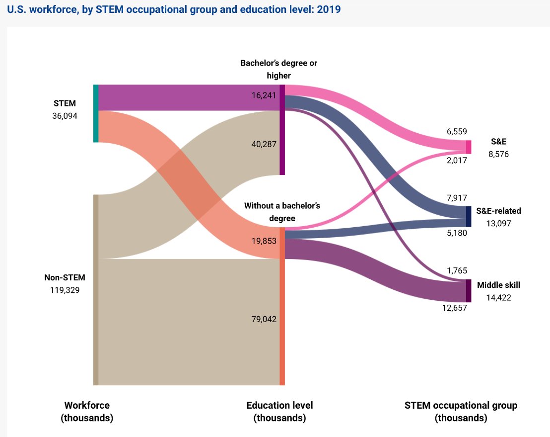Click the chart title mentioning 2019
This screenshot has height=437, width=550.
point(174,9)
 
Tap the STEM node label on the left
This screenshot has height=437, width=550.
point(65,103)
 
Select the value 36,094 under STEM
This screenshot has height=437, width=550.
point(65,117)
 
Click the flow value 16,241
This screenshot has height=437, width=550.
point(264,95)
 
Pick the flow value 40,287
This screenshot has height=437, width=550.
point(264,144)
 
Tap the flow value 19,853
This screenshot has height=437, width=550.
point(264,241)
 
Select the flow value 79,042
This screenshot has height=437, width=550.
point(264,319)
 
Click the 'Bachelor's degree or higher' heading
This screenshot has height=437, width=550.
point(278,69)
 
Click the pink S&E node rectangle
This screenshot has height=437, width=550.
point(468,147)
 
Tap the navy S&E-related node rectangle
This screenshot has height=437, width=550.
point(468,216)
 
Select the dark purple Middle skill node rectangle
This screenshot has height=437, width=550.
point(468,290)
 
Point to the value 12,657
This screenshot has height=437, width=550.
point(455,308)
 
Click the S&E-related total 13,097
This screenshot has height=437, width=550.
point(498,223)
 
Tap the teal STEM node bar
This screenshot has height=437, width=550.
point(96,113)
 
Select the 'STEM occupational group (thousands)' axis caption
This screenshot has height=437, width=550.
point(461,412)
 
